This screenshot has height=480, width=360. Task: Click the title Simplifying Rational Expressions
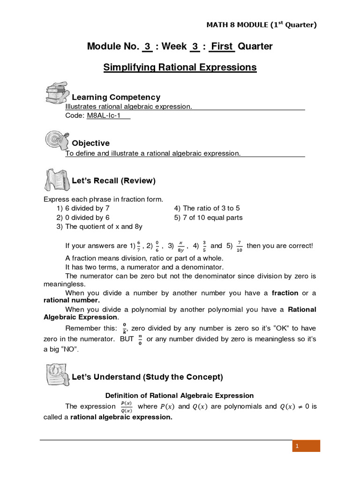point(180,67)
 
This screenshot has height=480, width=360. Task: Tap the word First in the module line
point(221,46)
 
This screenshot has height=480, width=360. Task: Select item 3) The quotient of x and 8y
point(99,227)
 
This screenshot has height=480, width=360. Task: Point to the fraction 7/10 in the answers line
point(240,246)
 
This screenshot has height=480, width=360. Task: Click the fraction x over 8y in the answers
point(180,246)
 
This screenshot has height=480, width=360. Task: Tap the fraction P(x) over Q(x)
point(126,406)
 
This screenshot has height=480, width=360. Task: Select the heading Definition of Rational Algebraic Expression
point(180,396)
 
